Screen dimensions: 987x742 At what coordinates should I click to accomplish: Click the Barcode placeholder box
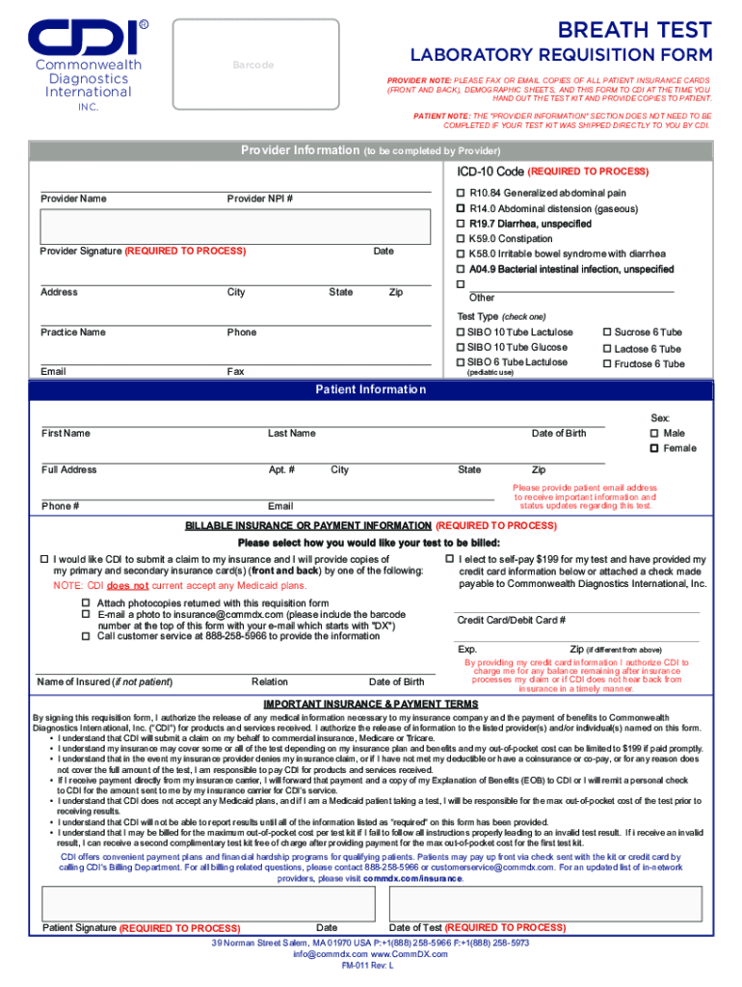(252, 64)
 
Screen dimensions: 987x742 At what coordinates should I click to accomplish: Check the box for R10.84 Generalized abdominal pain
(461, 193)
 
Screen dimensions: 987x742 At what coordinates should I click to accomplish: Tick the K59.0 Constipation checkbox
(461, 239)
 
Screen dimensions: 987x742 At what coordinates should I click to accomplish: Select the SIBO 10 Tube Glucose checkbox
(461, 347)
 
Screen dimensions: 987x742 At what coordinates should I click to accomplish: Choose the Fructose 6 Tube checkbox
(607, 363)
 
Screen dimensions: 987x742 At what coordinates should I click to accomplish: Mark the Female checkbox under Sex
(655, 448)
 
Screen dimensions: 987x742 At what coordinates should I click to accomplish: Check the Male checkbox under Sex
(655, 434)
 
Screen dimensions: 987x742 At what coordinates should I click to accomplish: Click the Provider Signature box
(235, 227)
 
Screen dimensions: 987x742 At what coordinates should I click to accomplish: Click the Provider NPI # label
(260, 199)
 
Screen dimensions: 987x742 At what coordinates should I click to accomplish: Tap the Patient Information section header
(371, 389)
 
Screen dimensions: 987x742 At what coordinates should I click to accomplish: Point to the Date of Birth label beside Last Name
(559, 434)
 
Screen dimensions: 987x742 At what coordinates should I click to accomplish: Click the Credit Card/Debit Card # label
(511, 620)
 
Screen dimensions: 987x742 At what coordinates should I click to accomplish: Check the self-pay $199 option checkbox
(449, 560)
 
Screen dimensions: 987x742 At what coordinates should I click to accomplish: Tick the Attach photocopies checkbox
(86, 602)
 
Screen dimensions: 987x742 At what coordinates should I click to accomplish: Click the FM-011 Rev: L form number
(371, 966)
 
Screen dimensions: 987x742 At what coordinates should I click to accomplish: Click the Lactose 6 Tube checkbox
(607, 348)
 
